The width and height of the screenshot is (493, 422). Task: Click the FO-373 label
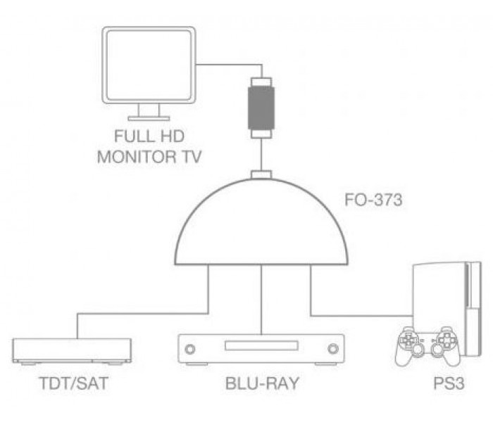click(373, 200)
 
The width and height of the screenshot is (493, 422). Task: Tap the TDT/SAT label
click(73, 383)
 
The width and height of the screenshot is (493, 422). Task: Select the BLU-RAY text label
click(261, 383)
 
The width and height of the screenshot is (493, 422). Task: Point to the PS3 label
click(449, 383)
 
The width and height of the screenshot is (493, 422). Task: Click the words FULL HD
click(149, 136)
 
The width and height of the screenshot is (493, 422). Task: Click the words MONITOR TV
click(149, 157)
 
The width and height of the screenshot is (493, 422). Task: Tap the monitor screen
click(149, 65)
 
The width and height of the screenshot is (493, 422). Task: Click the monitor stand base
click(149, 118)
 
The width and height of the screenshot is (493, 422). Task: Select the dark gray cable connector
click(261, 108)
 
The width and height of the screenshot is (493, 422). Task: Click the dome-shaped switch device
click(261, 222)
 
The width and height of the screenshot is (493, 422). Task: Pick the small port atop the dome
click(261, 174)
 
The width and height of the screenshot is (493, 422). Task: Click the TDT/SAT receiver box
click(72, 352)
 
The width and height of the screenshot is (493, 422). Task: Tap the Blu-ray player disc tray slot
click(261, 345)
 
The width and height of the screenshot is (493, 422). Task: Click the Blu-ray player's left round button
click(189, 349)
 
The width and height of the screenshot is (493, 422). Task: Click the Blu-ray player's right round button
click(333, 349)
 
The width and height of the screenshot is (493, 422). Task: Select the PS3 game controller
click(428, 346)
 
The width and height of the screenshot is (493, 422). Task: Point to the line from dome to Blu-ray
click(261, 300)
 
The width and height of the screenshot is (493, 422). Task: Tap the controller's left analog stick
click(418, 349)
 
